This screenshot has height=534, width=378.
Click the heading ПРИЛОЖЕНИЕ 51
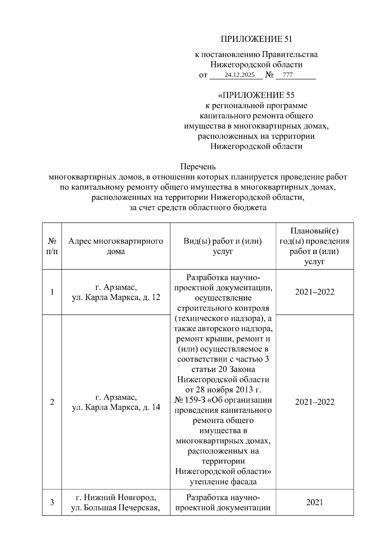[x=256, y=39]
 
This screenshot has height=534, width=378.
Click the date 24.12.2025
[x=239, y=75]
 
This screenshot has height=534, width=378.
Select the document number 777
[x=288, y=75]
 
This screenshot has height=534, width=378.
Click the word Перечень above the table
[x=198, y=166]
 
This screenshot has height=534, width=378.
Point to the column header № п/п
[x=52, y=246]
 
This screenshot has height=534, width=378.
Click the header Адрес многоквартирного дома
[x=116, y=246]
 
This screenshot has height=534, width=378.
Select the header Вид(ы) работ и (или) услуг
[x=223, y=246]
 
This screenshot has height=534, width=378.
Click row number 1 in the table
[x=52, y=292]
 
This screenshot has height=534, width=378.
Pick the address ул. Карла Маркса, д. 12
[x=116, y=297]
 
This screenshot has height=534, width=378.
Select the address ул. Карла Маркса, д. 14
[x=116, y=407]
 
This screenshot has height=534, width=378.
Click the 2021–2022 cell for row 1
[x=314, y=292]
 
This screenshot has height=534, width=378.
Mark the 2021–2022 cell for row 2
[x=314, y=402]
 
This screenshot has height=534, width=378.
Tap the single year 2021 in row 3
[x=314, y=503]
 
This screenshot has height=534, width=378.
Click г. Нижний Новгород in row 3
[x=116, y=497]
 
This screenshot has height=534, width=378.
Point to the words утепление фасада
[x=223, y=481]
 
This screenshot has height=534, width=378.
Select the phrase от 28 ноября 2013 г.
[x=223, y=390]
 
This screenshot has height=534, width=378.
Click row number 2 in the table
[x=52, y=402]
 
